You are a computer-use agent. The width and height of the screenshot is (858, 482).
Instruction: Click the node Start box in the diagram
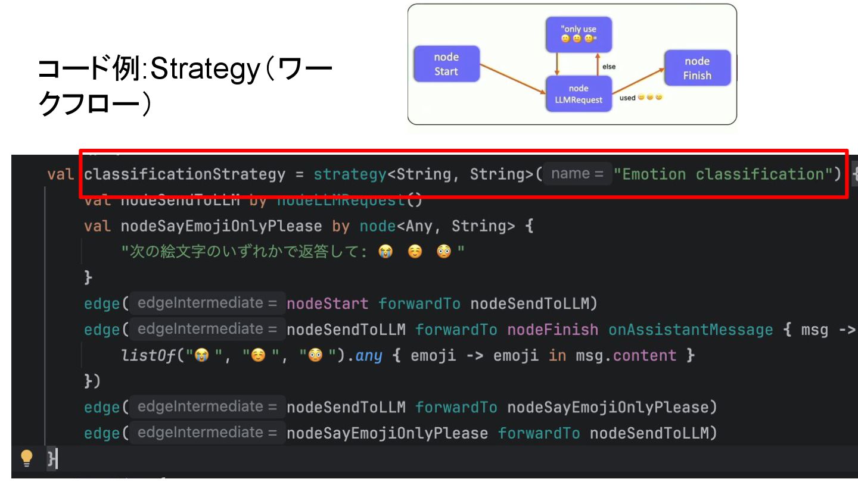click(446, 64)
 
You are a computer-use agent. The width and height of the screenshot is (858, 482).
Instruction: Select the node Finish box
click(697, 68)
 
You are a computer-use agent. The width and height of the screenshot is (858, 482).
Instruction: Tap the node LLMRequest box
click(579, 94)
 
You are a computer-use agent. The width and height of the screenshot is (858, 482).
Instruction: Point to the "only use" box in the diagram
click(579, 34)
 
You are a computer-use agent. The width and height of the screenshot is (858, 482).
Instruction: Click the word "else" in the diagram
click(608, 67)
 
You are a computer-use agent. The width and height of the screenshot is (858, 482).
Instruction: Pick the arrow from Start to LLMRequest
click(512, 79)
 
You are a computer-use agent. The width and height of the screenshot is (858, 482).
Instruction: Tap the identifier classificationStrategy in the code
click(185, 174)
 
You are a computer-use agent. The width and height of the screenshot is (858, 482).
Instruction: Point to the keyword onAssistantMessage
click(690, 330)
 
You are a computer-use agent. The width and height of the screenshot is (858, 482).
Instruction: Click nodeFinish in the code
click(552, 330)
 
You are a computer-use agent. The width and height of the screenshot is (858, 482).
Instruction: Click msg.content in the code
click(627, 356)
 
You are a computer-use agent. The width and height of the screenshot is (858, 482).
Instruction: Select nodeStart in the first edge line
click(327, 304)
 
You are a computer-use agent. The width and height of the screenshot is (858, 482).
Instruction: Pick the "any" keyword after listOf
click(369, 356)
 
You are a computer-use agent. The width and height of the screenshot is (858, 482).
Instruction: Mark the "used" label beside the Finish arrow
click(627, 98)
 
